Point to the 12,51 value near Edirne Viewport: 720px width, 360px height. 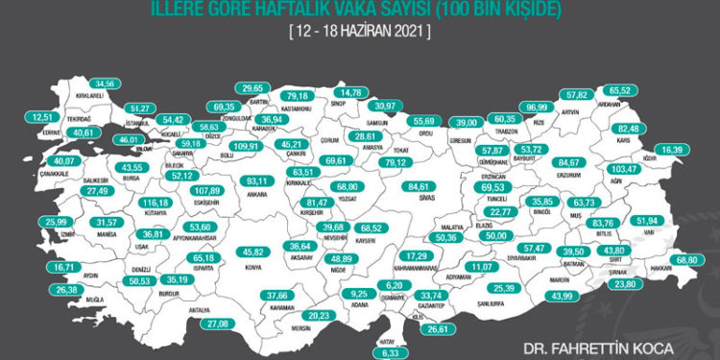[x=43, y=117]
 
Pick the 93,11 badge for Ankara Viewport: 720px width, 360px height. [x=255, y=180]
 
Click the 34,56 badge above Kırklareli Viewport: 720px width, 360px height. [x=106, y=84]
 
